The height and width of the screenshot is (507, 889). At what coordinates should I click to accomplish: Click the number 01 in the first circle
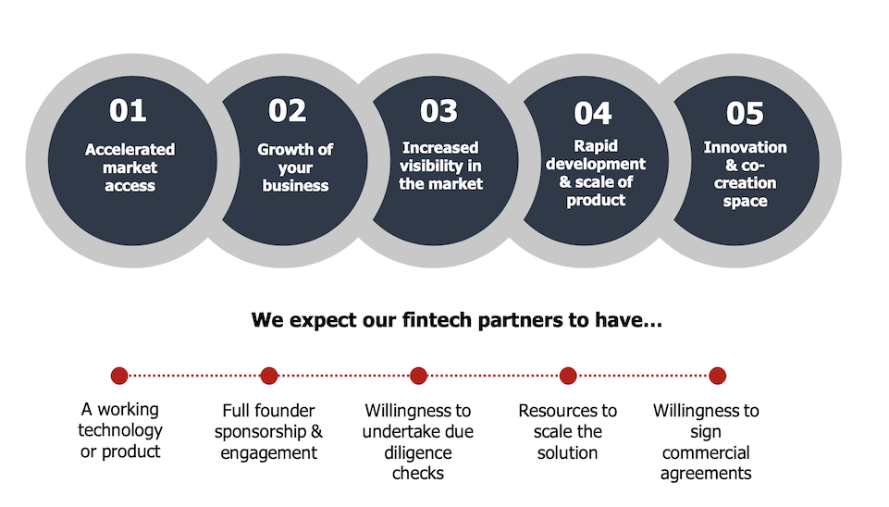[x=128, y=111]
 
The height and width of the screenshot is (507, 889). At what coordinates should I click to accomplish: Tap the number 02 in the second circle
[x=287, y=111]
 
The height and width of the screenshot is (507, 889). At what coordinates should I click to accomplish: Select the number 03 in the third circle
[x=438, y=111]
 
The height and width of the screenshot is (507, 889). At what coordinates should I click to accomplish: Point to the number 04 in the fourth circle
[x=592, y=114]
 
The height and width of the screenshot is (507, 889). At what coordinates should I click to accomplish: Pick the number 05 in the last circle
[x=745, y=114]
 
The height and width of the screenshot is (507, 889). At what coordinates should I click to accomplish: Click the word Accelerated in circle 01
[x=130, y=150]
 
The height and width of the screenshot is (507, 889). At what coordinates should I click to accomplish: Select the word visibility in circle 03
[x=431, y=166]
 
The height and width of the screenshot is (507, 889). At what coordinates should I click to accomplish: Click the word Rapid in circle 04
[x=596, y=146]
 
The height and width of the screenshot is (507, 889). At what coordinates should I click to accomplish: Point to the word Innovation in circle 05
[x=745, y=147]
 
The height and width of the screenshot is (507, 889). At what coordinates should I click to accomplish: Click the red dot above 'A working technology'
[x=119, y=376]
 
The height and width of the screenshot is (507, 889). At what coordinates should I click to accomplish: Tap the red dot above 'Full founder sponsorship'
[x=269, y=376]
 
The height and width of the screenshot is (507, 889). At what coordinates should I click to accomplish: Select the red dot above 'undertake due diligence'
[x=418, y=376]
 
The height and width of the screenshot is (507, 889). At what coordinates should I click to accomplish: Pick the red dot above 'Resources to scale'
[x=568, y=376]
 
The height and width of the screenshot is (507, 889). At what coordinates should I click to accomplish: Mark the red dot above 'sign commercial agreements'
[x=717, y=376]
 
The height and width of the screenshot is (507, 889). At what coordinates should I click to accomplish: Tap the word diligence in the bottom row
[x=418, y=453]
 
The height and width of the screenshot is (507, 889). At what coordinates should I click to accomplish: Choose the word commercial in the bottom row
[x=706, y=452]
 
